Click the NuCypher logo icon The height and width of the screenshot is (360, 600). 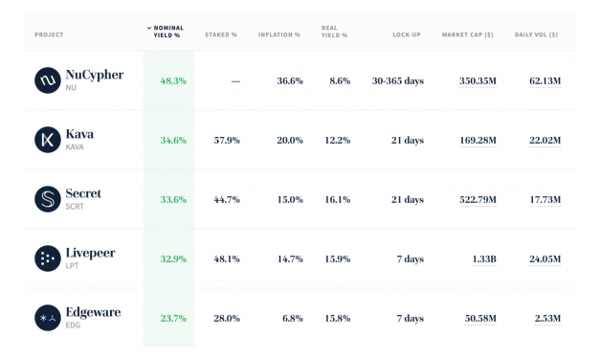(x=48, y=80)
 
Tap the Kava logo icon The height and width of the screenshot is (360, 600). (x=48, y=140)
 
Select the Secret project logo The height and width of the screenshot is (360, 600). (x=48, y=199)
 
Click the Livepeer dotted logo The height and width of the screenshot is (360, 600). (x=48, y=259)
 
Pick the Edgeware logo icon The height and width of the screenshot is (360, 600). (x=48, y=318)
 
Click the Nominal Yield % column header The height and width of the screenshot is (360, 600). (x=167, y=32)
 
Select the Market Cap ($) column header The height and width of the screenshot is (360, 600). (x=466, y=34)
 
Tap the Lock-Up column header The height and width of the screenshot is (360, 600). (x=407, y=34)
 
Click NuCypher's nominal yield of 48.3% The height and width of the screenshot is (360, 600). (x=173, y=81)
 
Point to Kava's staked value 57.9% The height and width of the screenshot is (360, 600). (x=227, y=141)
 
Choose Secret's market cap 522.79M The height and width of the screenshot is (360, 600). (x=478, y=200)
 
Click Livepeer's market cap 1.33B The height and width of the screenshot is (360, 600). (x=484, y=259)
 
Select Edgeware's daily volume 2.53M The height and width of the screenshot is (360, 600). (x=547, y=319)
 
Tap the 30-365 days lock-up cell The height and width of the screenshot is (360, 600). (x=397, y=81)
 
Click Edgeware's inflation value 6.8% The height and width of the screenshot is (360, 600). (x=293, y=319)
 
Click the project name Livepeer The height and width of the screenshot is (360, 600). (x=90, y=253)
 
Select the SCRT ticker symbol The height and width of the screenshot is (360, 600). (x=76, y=207)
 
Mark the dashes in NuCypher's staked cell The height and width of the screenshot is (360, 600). (x=234, y=81)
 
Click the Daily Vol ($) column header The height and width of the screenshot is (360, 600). (x=536, y=34)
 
